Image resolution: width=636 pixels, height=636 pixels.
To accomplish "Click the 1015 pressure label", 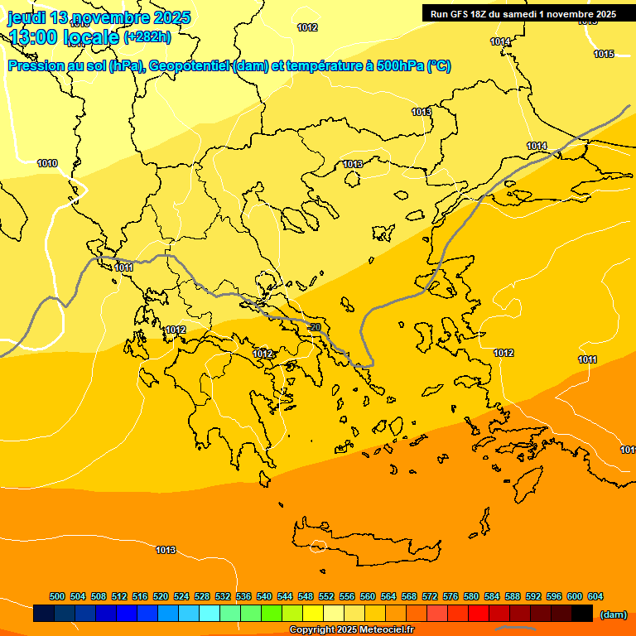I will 604,55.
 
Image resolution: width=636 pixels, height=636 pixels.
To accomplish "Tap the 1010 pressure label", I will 47,164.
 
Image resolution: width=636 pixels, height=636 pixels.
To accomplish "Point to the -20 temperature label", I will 314,328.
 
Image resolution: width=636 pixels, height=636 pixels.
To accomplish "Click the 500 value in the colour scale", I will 57,596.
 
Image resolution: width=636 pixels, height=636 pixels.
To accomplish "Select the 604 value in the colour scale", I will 595,596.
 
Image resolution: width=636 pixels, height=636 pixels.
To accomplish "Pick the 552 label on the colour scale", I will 326,596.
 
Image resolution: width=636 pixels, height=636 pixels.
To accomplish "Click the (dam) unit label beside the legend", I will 613,614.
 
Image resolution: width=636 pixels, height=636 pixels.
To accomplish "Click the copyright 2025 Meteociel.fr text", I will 351,630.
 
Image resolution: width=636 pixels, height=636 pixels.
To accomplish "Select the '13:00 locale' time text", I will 65,37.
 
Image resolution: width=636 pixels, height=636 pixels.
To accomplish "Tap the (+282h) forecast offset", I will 147,36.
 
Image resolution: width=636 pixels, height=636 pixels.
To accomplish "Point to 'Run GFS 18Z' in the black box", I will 465,14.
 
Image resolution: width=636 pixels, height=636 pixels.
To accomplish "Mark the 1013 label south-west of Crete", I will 166,550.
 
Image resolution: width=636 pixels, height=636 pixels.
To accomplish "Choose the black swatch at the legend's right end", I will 581,614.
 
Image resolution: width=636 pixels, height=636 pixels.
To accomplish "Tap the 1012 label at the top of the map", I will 307,27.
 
